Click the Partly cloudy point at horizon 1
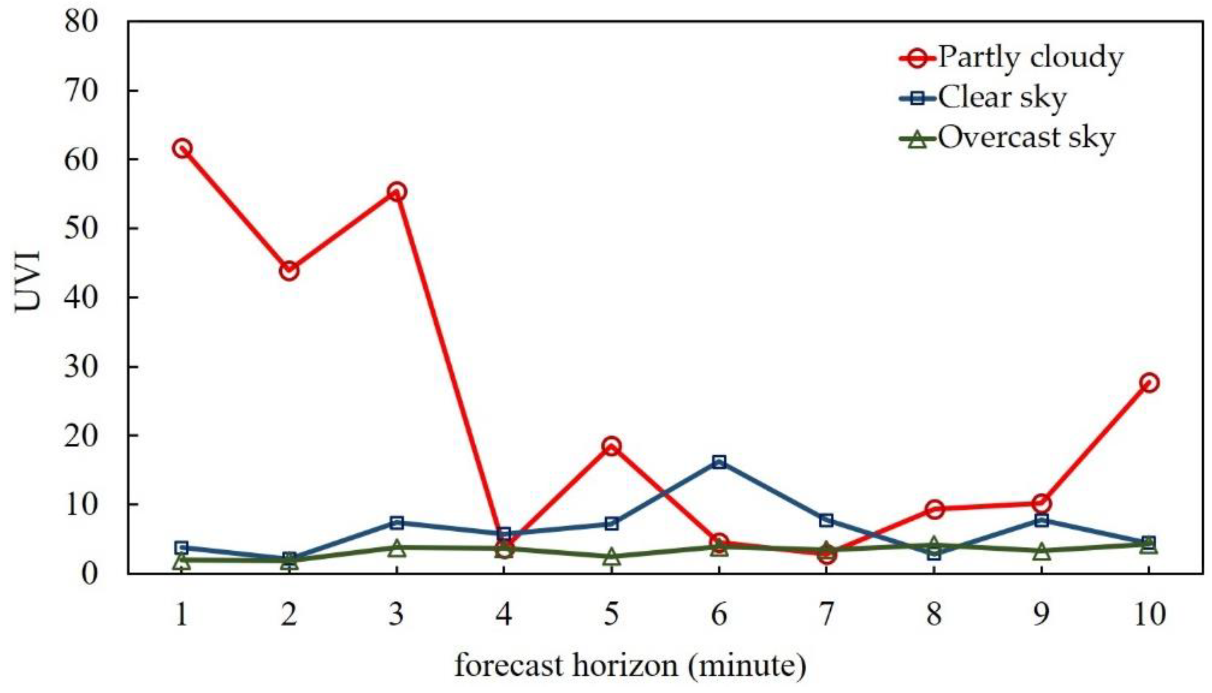pos(182,149)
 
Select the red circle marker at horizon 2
pos(289,271)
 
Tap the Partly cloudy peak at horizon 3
pos(397,192)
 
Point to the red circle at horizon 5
pos(612,446)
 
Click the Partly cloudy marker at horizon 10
pos(1149,383)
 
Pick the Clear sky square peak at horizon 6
pos(719,461)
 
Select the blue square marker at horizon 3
pos(397,523)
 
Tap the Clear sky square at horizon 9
pos(1041,520)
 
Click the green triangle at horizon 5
pos(612,556)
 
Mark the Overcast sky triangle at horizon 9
pos(1041,551)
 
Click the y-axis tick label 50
pos(81,228)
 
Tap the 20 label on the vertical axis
pos(81,435)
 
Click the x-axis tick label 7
pos(827,615)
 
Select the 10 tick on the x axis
pos(1149,615)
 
